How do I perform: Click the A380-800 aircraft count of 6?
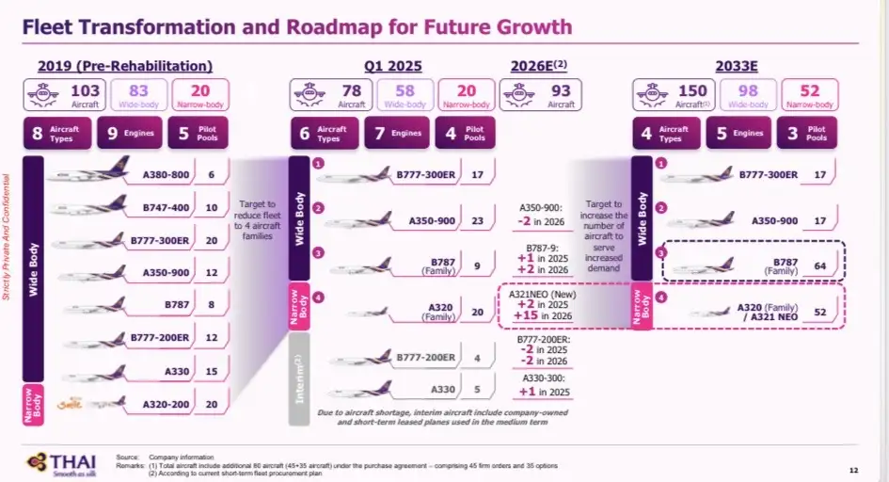(x=212, y=174)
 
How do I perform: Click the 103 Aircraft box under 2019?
(x=65, y=96)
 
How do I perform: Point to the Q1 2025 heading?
(x=393, y=66)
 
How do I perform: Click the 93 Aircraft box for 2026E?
(x=540, y=96)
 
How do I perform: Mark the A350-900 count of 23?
(x=478, y=220)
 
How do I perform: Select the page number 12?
(x=853, y=470)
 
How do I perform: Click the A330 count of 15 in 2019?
(x=212, y=372)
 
